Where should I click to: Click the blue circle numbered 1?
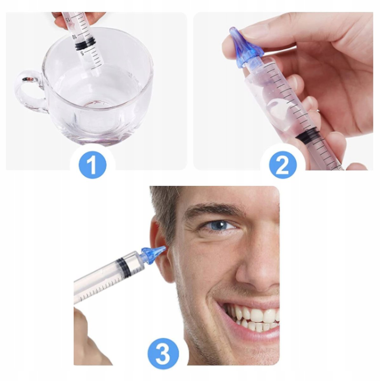point(92,164)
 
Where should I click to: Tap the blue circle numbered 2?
point(283,164)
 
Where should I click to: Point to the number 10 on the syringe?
point(74,37)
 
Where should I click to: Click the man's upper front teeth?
point(257,315)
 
